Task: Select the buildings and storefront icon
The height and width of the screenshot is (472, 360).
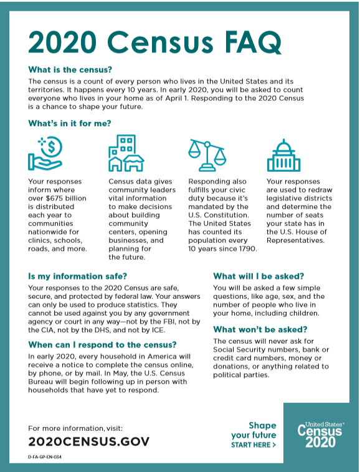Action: click(126, 153)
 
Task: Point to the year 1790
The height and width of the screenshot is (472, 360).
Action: click(245, 249)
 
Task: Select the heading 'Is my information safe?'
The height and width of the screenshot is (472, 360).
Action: click(77, 276)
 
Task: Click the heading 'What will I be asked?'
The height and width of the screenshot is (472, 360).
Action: click(258, 276)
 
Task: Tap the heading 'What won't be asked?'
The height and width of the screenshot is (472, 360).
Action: click(260, 329)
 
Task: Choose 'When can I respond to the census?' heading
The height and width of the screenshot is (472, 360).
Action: click(103, 344)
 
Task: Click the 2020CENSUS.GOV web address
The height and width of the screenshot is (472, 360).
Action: click(89, 441)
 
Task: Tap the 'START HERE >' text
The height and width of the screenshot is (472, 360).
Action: click(253, 445)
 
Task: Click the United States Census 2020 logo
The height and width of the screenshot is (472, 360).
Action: click(320, 435)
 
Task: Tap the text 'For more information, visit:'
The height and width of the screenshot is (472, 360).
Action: click(75, 428)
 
